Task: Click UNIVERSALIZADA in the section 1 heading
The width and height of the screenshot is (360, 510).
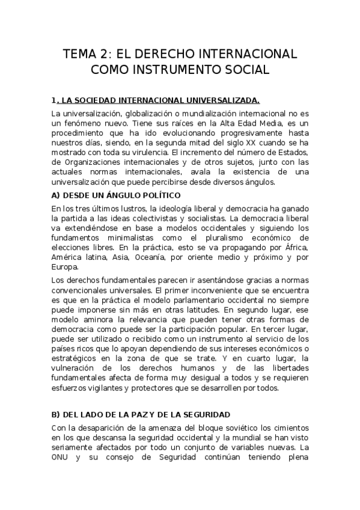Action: [218, 100]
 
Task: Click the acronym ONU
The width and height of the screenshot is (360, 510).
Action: [63, 457]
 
